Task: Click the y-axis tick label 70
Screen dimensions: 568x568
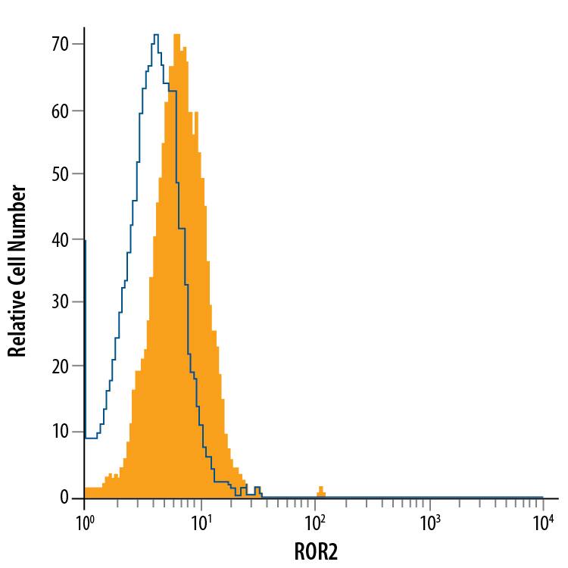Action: [61, 45]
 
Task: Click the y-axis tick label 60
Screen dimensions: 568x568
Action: [61, 111]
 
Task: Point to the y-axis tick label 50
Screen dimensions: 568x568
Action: [61, 174]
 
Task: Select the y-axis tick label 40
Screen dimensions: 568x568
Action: [61, 239]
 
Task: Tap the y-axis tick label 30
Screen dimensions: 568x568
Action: [61, 303]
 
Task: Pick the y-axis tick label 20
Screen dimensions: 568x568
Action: [61, 367]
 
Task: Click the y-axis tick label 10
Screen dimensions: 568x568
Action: [61, 432]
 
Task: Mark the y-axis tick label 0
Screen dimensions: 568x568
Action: [65, 498]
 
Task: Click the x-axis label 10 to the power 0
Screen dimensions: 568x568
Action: [84, 522]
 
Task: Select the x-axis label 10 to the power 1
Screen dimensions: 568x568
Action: [199, 522]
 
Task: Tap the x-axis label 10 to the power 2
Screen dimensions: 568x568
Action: [314, 522]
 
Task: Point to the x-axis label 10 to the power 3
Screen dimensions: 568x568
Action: [429, 522]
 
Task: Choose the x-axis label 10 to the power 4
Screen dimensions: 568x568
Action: [543, 522]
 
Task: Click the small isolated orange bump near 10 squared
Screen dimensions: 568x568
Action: [320, 491]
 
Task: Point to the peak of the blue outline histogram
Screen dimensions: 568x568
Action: [155, 35]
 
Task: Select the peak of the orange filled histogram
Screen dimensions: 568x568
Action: [176, 35]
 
